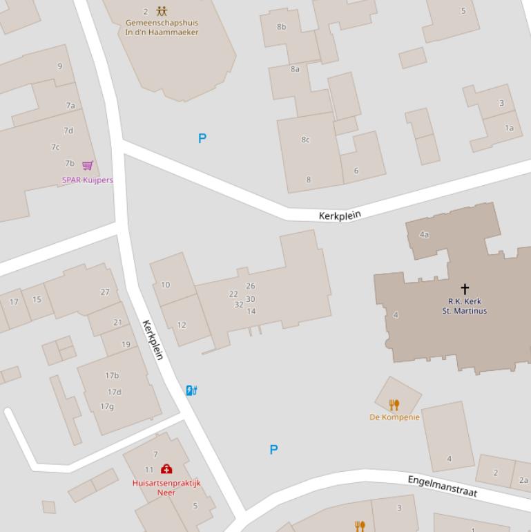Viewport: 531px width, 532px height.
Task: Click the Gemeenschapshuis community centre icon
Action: [162, 11]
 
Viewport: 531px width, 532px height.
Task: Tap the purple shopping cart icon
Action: [88, 165]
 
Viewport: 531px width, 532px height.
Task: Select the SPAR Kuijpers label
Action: [88, 180]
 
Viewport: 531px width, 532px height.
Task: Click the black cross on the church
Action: [465, 289]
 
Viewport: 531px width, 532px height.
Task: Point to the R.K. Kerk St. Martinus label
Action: [465, 306]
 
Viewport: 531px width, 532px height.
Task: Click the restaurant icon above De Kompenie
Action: [394, 405]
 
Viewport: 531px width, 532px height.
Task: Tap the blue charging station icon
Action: [191, 390]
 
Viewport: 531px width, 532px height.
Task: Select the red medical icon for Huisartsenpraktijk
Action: [166, 470]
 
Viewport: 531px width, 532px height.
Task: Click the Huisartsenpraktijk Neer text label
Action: [166, 488]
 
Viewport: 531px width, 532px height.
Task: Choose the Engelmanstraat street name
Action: [443, 485]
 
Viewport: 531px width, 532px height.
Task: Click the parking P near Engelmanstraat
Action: [273, 450]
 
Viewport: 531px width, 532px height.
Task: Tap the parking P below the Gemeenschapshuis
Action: [202, 138]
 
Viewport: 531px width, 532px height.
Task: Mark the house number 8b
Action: [282, 27]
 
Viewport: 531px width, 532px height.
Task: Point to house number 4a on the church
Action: [424, 234]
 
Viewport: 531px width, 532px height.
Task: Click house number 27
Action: [105, 292]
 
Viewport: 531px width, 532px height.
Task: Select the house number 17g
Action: [107, 406]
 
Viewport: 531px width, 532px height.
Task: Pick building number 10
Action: [166, 285]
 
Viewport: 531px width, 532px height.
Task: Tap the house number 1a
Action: [510, 128]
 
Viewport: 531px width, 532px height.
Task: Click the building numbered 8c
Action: [305, 140]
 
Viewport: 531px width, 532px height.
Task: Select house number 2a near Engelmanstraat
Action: [523, 480]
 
